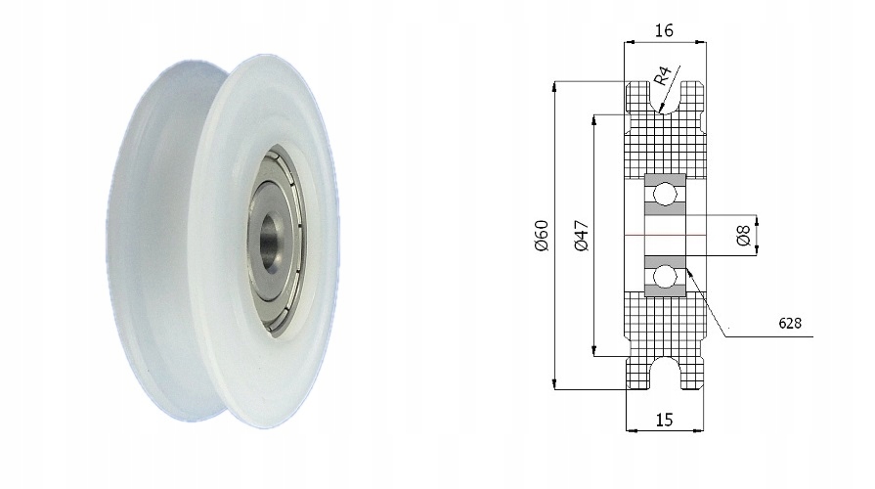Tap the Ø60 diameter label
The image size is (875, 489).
coord(542,235)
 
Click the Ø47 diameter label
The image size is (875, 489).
coord(581,236)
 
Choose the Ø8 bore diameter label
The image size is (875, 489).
coord(743,236)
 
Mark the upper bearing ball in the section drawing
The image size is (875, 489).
coord(665,195)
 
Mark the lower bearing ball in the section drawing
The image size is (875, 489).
coord(665,277)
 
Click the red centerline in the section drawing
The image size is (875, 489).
coord(665,236)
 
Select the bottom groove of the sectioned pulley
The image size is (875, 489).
coord(665,373)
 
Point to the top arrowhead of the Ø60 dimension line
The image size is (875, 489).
coord(555,86)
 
